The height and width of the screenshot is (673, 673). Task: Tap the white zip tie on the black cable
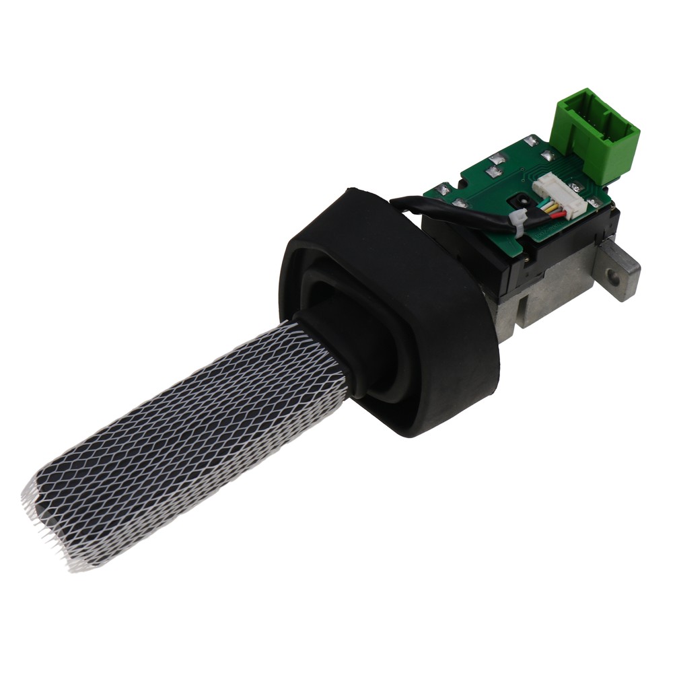[519, 221]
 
